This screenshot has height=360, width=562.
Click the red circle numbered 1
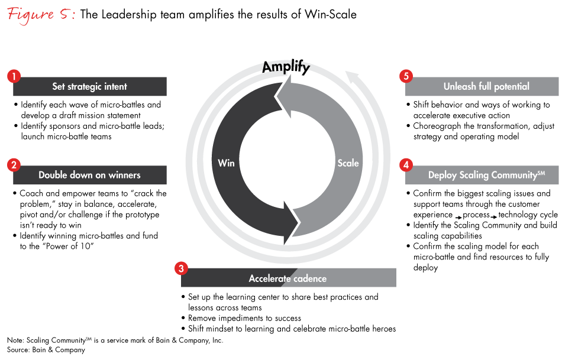(14, 76)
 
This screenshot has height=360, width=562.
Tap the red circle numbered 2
(14, 165)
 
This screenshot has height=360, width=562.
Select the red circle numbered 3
(182, 268)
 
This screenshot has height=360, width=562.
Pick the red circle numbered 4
(406, 165)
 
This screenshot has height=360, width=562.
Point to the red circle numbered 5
(406, 76)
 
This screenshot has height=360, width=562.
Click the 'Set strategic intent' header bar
(90, 86)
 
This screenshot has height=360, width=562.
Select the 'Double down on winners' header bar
(90, 175)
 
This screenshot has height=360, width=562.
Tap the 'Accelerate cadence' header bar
(289, 278)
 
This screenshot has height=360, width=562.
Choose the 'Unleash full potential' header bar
(482, 86)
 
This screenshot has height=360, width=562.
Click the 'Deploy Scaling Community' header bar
(482, 175)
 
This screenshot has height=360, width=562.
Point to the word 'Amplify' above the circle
(286, 67)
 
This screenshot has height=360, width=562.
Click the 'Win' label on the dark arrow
(226, 163)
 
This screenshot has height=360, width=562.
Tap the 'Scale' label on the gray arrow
(348, 163)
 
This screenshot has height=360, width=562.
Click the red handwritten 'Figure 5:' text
(41, 15)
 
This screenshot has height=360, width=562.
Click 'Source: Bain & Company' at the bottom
(46, 350)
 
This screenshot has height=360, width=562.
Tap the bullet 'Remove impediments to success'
(244, 318)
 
